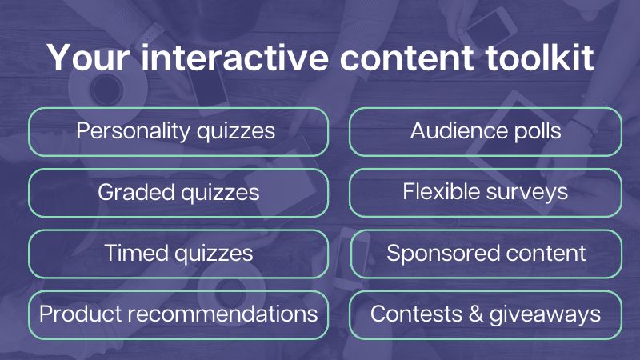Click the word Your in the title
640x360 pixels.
[x=88, y=58]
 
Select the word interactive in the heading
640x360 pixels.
[x=234, y=58]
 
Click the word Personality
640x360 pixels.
[x=134, y=131]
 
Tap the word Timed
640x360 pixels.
[x=136, y=253]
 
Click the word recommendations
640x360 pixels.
[x=223, y=314]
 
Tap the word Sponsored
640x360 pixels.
[x=438, y=254]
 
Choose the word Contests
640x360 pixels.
[x=416, y=314]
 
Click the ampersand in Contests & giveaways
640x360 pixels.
[x=476, y=314]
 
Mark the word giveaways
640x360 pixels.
[x=545, y=314]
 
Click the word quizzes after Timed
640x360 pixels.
[x=214, y=254]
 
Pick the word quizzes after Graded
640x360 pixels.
[x=220, y=193]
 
